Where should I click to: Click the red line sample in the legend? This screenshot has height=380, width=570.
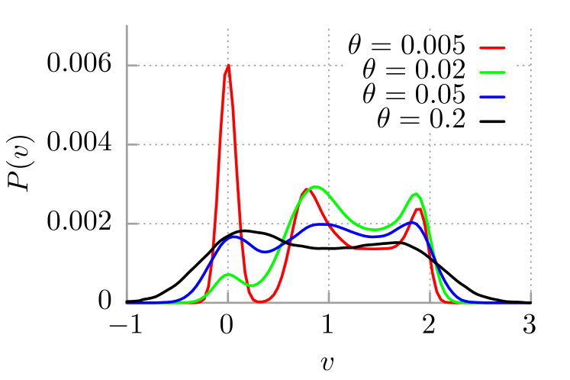(492, 48)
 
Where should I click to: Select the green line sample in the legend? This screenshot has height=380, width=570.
(492, 72)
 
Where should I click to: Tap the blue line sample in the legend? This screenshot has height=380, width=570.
(492, 97)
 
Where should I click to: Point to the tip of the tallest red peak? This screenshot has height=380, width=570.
(227, 66)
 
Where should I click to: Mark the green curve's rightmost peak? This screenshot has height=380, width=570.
(416, 194)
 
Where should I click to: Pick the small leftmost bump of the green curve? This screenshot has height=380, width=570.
(227, 274)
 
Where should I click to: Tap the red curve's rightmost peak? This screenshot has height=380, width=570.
(418, 208)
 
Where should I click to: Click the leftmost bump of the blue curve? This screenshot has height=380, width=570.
(234, 237)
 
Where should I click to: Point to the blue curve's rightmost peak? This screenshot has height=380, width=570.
(414, 222)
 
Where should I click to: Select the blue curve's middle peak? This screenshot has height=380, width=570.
(322, 224)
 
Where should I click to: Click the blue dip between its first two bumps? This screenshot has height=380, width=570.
(264, 251)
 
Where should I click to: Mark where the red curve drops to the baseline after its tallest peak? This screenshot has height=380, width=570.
(260, 301)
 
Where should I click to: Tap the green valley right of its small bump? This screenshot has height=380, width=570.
(251, 285)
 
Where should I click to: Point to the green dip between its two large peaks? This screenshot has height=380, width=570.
(374, 229)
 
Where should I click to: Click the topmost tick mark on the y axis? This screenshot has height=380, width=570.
(132, 66)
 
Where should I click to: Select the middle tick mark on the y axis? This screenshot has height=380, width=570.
(132, 144)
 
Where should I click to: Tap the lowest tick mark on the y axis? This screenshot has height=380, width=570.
(132, 224)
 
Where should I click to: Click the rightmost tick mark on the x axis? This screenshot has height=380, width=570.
(530, 298)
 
